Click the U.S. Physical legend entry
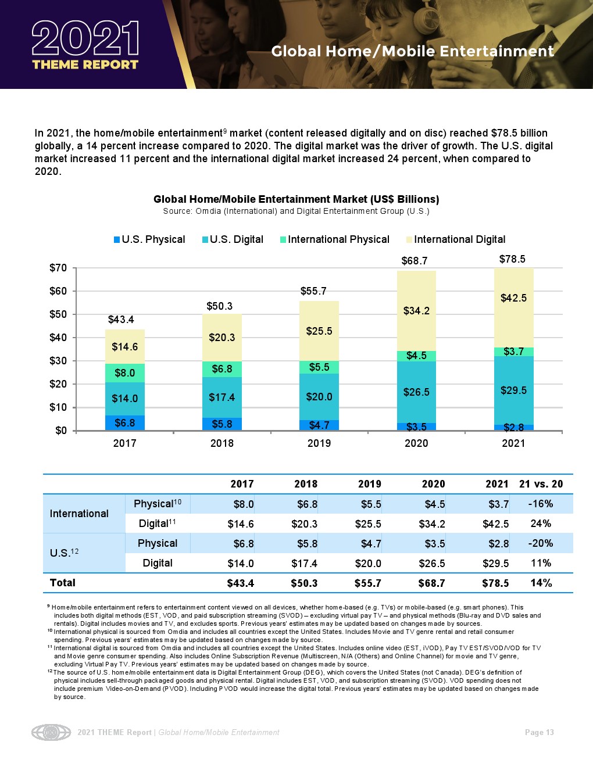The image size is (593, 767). click(x=149, y=239)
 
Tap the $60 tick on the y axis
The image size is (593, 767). click(x=58, y=291)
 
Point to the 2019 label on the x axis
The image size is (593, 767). click(x=319, y=443)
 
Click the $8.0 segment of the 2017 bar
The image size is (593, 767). click(x=124, y=373)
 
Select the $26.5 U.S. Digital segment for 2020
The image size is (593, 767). click(x=416, y=392)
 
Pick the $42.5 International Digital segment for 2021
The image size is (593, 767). click(x=513, y=298)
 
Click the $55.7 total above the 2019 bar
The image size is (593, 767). click(x=313, y=291)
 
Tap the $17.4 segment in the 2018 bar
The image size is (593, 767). click(x=222, y=397)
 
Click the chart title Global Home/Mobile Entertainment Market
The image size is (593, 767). click(x=296, y=199)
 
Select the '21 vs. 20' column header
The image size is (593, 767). click(x=541, y=484)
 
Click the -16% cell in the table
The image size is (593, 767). click(x=541, y=504)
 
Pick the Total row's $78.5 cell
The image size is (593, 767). click(x=495, y=583)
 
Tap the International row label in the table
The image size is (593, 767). click(x=79, y=514)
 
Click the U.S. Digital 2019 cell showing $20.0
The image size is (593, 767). click(x=368, y=563)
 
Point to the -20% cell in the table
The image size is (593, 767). click(x=541, y=543)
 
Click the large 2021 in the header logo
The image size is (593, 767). click(x=85, y=38)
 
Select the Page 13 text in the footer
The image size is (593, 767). click(x=539, y=732)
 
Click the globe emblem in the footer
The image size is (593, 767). click(x=51, y=732)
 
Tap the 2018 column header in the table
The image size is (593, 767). click(x=306, y=484)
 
